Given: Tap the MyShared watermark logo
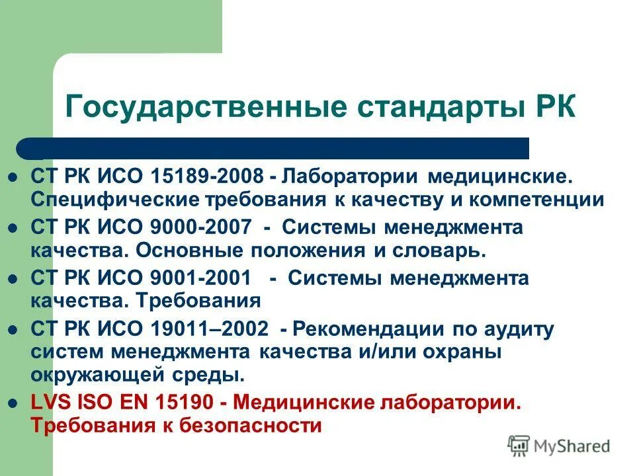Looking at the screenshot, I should click(x=560, y=446).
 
